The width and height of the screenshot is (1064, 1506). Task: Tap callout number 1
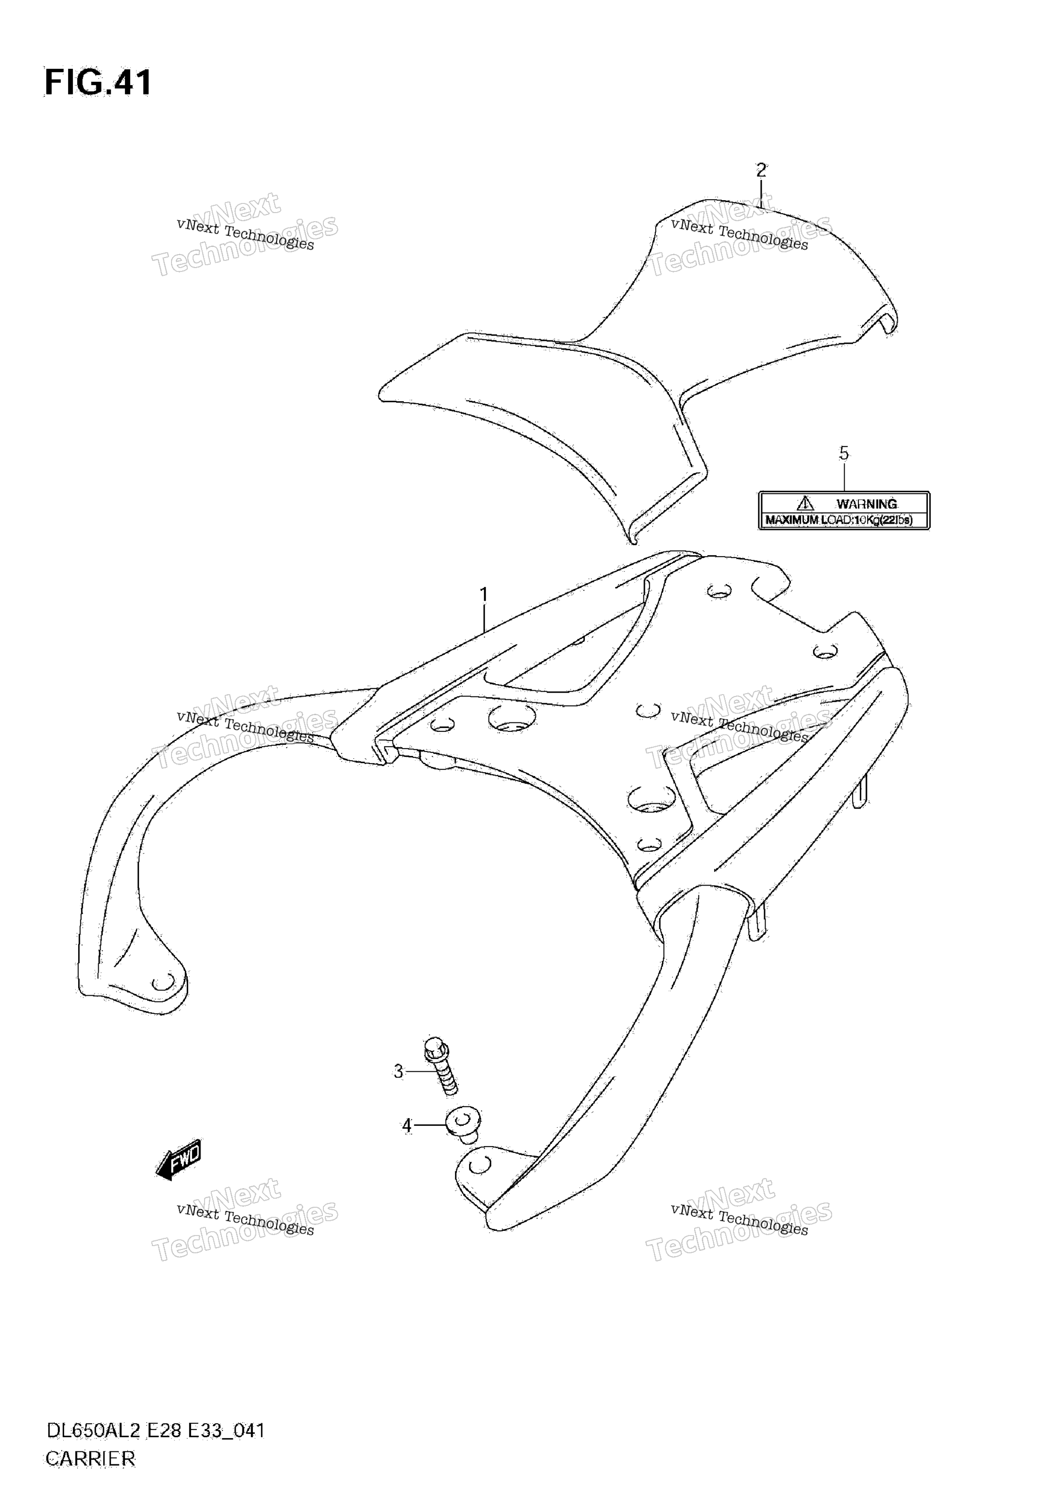pyautogui.click(x=484, y=595)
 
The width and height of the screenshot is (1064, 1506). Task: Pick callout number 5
pyautogui.click(x=844, y=453)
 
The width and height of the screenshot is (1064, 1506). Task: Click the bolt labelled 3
pyautogui.click(x=441, y=1066)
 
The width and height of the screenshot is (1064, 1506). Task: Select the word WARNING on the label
pyautogui.click(x=867, y=504)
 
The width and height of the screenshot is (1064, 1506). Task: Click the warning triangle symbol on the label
pyautogui.click(x=805, y=503)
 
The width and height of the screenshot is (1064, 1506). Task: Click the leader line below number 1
pyautogui.click(x=484, y=619)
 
